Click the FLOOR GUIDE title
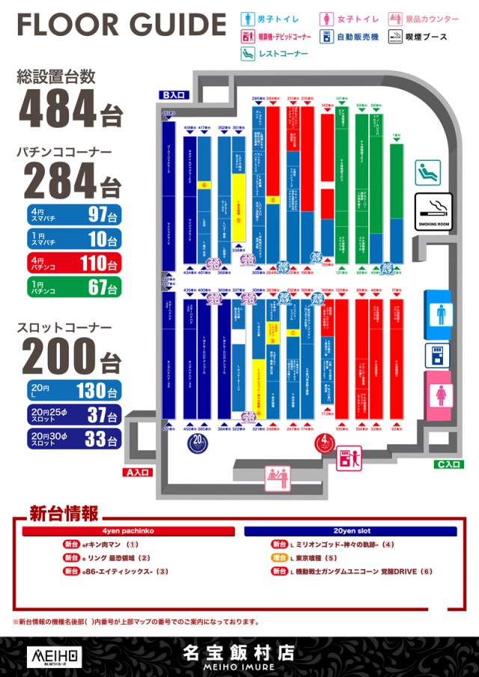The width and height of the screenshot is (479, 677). pos(120,25)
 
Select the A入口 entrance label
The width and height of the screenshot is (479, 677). pos(138,473)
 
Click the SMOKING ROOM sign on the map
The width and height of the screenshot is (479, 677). pos(433,213)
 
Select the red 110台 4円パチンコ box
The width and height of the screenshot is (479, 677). pos(73,263)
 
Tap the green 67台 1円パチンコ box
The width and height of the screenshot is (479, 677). pos(73,287)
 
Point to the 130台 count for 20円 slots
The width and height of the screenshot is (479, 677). pos(102,390)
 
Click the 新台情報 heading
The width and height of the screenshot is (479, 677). pos(64,514)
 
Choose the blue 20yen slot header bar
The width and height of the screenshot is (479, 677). pos(350,531)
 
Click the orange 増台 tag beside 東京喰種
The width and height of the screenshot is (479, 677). pos(279,558)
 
